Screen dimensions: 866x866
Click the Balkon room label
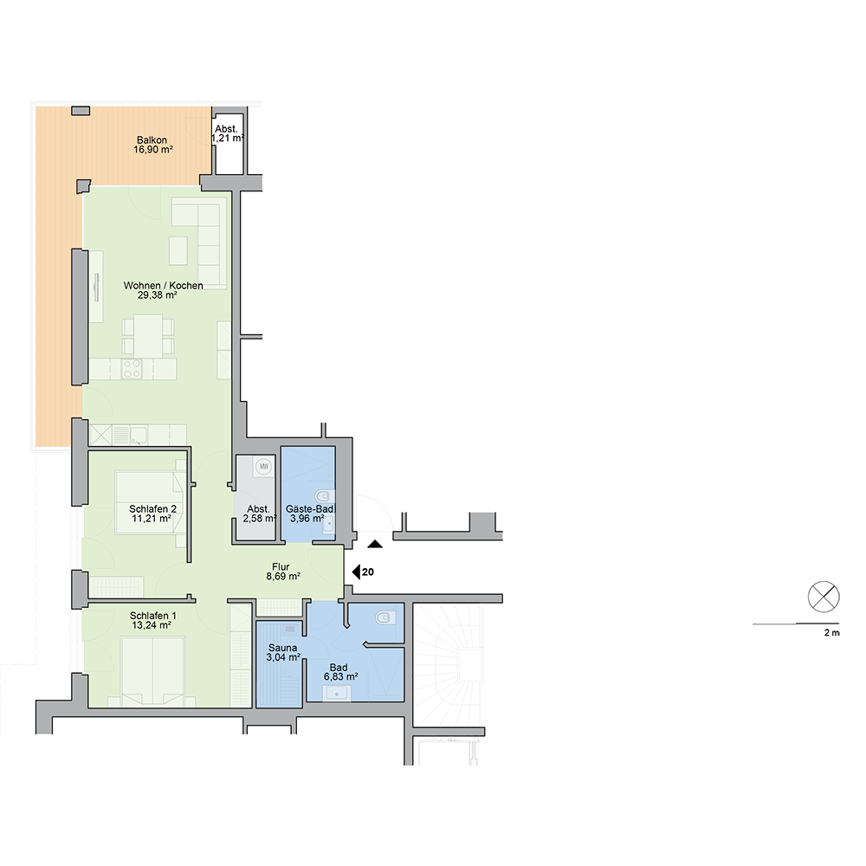152,140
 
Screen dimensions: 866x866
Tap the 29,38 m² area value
158,295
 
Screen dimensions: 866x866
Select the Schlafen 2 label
153,508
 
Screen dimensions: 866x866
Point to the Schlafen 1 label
153,615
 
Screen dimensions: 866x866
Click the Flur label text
281,566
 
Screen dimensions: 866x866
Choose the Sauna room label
283,648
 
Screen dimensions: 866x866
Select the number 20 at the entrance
368,572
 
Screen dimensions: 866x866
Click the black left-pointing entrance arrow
356,572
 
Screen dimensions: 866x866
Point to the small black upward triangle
376,544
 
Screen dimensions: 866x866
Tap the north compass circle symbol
824,597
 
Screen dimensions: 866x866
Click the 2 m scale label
831,633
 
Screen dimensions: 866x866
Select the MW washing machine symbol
264,467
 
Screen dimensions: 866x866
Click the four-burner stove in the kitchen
132,369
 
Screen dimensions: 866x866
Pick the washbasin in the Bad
337,693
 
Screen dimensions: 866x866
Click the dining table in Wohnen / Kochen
148,336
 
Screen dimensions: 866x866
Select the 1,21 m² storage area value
228,138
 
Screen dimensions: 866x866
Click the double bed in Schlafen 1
152,672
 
